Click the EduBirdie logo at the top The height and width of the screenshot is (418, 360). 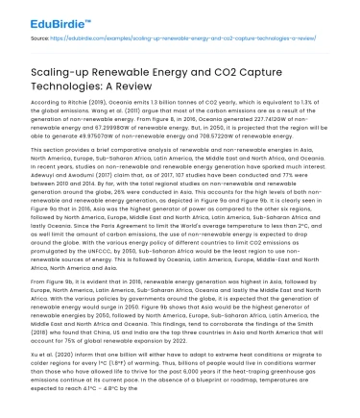(x=36, y=15)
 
